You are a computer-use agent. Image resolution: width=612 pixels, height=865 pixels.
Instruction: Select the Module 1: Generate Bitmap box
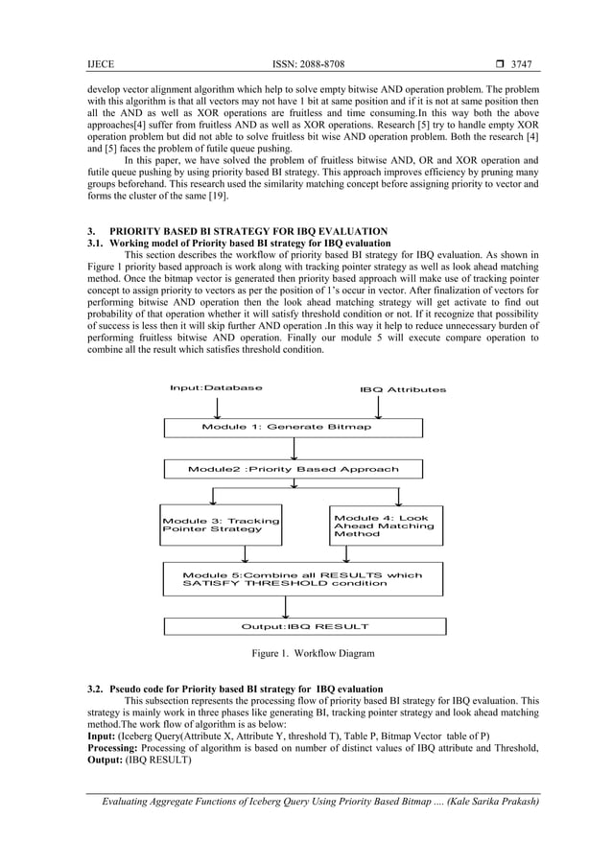[286, 427]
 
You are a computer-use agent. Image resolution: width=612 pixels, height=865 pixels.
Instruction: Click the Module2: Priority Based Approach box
[293, 470]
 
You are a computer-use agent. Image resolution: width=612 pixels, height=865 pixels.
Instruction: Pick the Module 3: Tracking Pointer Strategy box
[221, 525]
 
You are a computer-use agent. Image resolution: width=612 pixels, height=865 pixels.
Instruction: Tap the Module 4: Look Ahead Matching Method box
[387, 525]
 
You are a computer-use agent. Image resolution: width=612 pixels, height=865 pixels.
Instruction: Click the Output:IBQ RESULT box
[304, 626]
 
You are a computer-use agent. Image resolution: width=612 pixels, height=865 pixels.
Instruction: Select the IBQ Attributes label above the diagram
[402, 390]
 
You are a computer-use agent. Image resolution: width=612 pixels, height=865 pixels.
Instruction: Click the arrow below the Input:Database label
[220, 406]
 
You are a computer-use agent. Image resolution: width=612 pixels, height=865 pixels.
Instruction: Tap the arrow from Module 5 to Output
[286, 606]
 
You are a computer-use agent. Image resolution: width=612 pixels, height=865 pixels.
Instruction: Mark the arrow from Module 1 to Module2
[294, 448]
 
